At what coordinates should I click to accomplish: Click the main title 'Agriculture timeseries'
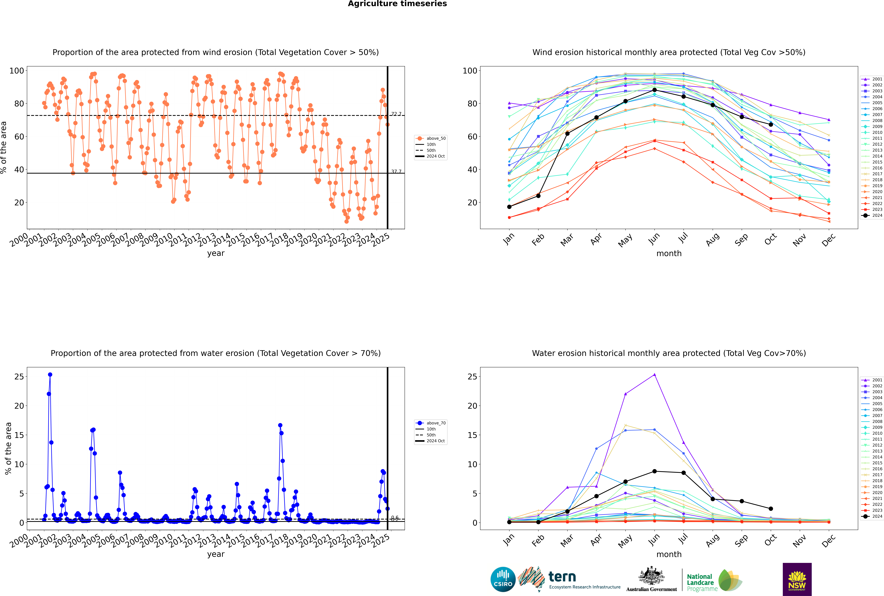(397, 4)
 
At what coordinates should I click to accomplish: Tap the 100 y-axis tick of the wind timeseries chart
(17, 71)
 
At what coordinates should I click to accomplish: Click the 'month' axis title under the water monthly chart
(669, 554)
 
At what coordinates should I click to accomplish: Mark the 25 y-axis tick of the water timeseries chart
(19, 377)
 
